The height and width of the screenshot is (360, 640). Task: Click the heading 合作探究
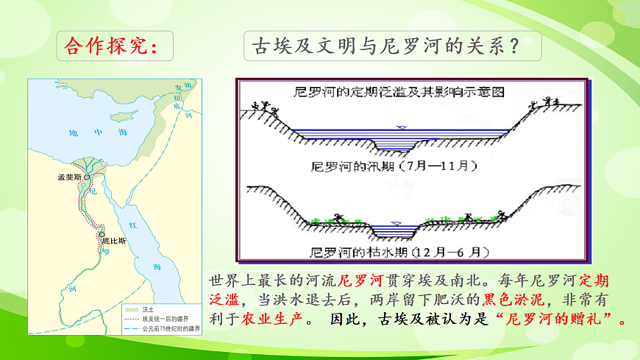point(110,46)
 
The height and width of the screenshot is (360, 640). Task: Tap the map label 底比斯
point(114,241)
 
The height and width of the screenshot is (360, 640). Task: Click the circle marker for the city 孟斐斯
point(87,177)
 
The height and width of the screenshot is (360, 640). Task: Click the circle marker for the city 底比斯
point(102,235)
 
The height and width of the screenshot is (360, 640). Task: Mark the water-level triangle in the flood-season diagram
point(401,127)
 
